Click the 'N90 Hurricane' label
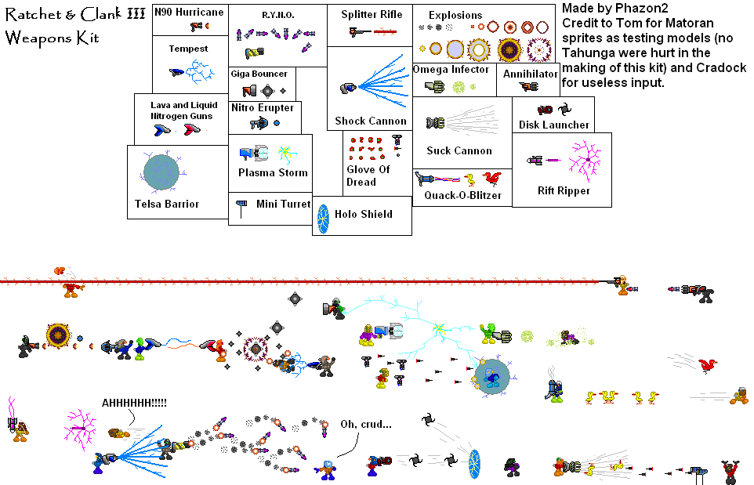[189, 12]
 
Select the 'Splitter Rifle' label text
[372, 15]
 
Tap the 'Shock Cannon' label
[371, 121]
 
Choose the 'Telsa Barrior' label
[167, 204]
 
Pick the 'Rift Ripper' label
[564, 190]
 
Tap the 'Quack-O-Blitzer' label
[462, 196]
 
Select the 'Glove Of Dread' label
[368, 176]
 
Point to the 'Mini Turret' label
[283, 204]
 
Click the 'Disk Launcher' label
[553, 125]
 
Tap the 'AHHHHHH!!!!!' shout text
[134, 403]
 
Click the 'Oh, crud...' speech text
[366, 425]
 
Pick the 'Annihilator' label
[531, 74]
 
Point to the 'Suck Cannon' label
[459, 150]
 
